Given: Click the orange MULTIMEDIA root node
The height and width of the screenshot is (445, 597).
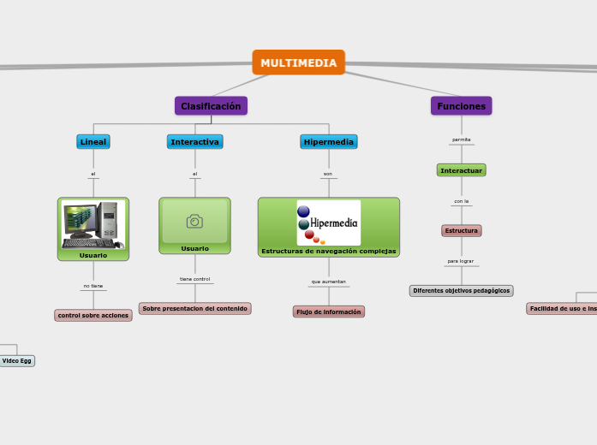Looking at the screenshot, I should click(x=298, y=62).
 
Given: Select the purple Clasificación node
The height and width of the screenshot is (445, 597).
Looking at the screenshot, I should click(x=211, y=106).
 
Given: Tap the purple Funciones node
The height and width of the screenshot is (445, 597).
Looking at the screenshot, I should click(x=461, y=106).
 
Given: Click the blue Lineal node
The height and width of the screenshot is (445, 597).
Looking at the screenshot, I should click(x=93, y=141).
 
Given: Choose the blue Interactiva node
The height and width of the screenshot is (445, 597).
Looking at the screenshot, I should click(x=194, y=141).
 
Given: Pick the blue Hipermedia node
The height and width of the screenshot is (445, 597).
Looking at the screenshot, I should click(x=328, y=141).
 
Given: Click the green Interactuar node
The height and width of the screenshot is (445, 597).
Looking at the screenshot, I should click(x=461, y=170).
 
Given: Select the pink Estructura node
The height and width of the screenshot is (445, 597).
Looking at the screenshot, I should click(x=461, y=230).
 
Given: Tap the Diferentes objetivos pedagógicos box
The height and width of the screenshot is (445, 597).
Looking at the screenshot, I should click(x=461, y=291).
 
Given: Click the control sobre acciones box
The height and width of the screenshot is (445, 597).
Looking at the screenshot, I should click(x=93, y=315).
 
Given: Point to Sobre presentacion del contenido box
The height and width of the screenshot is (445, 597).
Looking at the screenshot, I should click(x=194, y=308).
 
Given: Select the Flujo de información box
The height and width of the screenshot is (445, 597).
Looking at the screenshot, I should click(x=328, y=311).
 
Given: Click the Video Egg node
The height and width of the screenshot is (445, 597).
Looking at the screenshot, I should click(x=16, y=361).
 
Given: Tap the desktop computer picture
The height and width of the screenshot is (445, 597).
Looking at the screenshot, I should click(x=93, y=224).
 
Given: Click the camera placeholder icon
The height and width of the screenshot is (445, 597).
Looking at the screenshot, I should click(x=194, y=222).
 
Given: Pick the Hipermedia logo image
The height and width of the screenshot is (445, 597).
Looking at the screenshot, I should click(x=328, y=222).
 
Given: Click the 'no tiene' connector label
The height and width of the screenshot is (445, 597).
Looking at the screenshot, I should click(x=93, y=286).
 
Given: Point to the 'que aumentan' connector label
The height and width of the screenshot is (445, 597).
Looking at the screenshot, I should click(x=328, y=282).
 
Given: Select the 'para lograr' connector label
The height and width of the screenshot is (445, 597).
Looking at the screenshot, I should click(x=461, y=261).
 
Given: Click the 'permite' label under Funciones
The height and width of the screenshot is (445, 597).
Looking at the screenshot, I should click(x=461, y=139).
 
